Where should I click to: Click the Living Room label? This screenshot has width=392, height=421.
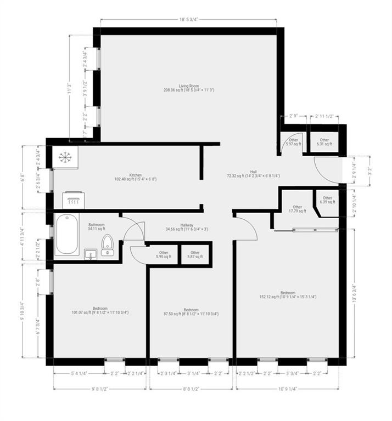(188, 88)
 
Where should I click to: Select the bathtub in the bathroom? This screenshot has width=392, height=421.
(66, 234)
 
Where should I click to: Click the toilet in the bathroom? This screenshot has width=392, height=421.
(108, 246)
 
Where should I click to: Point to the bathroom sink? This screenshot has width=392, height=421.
(91, 254)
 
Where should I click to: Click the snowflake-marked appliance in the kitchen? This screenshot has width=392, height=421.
(65, 157)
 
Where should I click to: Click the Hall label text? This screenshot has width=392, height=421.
(253, 174)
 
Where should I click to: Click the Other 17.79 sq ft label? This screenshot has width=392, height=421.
(298, 209)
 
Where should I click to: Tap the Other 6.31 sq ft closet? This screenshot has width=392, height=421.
(325, 142)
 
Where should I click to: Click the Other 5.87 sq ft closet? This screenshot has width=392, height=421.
(195, 255)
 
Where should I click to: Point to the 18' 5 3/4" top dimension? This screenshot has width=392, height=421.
(188, 19)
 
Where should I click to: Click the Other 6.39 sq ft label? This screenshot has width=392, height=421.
(328, 200)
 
